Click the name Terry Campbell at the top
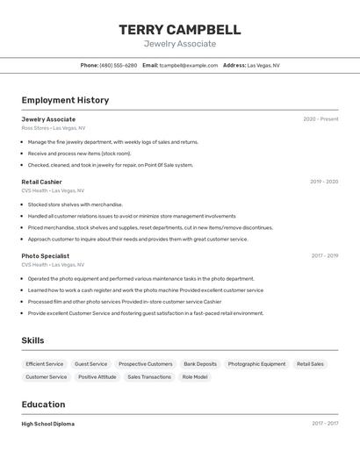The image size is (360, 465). tap(179, 30)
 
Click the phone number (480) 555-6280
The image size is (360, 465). tap(118, 65)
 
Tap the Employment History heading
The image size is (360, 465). tap(65, 100)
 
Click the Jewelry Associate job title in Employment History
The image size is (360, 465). tap(48, 118)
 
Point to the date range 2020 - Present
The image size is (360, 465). tap(320, 118)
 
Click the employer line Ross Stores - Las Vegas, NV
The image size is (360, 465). tap(54, 128)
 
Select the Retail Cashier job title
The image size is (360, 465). tap(41, 182)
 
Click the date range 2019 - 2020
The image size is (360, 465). tap(324, 182)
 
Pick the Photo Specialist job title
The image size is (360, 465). tap(46, 255)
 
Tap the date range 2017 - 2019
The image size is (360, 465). tap(325, 255)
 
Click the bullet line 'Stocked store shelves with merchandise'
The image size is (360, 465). tap(76, 204)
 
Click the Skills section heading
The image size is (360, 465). tap(32, 340)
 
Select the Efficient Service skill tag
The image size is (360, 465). tap(45, 364)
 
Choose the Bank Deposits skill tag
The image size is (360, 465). tap(200, 364)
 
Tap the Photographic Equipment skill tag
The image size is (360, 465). tap(256, 364)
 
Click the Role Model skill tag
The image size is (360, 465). tap(195, 376)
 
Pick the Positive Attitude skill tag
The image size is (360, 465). tap(97, 376)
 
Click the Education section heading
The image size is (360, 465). tap(43, 404)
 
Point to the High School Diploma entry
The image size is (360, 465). tap(47, 424)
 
